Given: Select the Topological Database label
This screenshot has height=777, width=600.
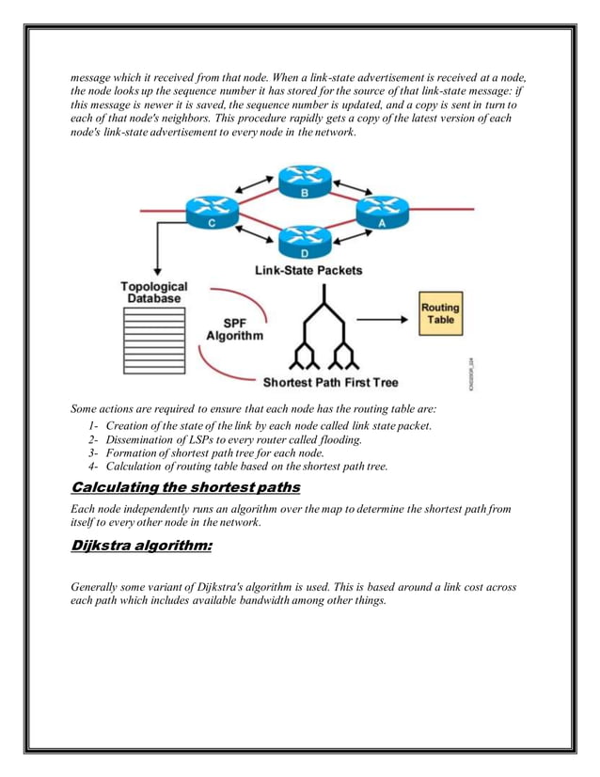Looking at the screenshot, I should click(153, 292).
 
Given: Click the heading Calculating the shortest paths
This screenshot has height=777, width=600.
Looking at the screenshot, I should click(186, 486).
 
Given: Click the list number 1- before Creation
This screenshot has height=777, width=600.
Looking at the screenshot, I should click(94, 425).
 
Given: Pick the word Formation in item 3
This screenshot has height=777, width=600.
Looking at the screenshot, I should click(134, 452).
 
